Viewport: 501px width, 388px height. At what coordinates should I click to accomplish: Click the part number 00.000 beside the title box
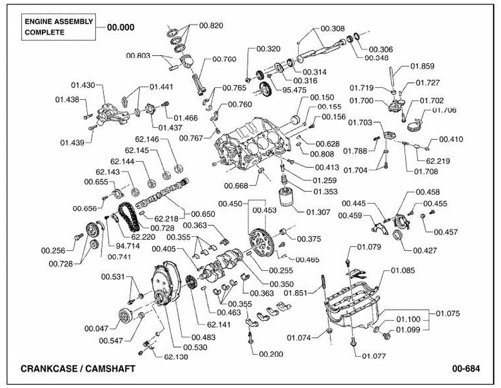(121, 28)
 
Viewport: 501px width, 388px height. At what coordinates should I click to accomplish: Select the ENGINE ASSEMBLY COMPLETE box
(58, 27)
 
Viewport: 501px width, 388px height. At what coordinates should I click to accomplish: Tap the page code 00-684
(466, 369)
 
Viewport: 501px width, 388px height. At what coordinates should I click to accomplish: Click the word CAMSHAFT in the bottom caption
(110, 369)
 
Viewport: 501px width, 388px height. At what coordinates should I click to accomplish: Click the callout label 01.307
(318, 212)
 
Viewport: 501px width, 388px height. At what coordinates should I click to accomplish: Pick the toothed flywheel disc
(260, 239)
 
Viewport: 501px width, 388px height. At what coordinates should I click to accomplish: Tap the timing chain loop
(128, 218)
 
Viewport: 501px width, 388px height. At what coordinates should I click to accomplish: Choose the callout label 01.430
(83, 85)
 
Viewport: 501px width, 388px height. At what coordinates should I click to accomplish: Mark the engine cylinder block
(252, 144)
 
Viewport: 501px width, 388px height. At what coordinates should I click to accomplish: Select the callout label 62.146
(147, 139)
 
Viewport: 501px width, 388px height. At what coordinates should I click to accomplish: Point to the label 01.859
(422, 66)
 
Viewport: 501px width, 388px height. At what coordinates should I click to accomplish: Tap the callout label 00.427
(425, 251)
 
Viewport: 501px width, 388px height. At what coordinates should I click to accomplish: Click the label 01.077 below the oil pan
(374, 356)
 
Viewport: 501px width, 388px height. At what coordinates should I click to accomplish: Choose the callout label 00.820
(211, 26)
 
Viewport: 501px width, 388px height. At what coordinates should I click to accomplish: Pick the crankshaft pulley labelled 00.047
(125, 316)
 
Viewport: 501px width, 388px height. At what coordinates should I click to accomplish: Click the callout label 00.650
(203, 214)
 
